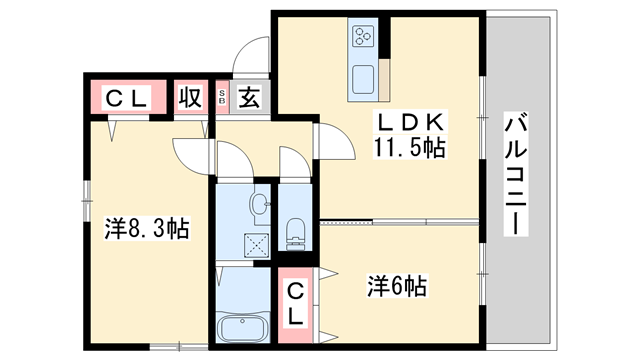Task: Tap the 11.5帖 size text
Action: point(410,148)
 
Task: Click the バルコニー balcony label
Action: point(516,175)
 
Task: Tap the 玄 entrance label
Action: point(250,98)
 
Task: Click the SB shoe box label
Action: point(223,98)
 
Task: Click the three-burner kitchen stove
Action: point(362,41)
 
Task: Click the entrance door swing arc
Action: point(252,53)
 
